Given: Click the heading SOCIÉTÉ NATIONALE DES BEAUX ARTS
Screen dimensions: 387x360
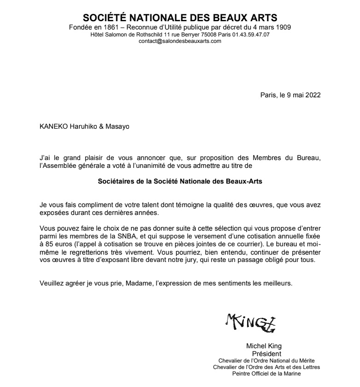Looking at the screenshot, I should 180,18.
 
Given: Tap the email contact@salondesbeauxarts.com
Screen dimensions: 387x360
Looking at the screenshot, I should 180,41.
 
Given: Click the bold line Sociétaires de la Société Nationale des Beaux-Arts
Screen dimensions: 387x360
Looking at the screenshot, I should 180,182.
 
